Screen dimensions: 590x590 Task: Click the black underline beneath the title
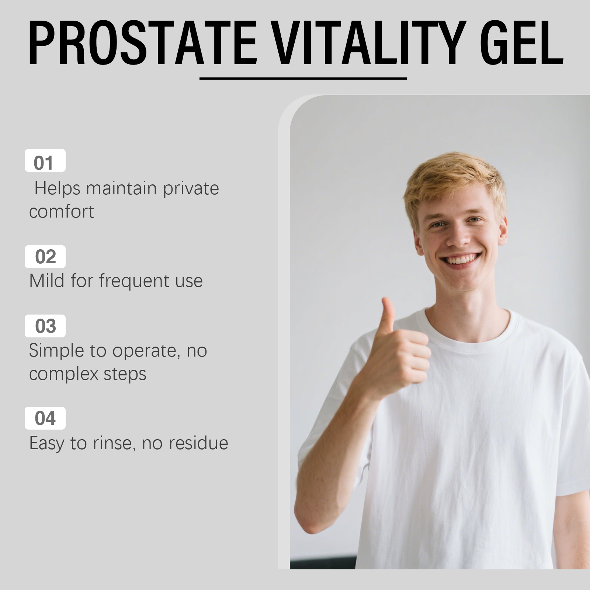[303, 79]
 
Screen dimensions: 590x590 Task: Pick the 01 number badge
[45, 160]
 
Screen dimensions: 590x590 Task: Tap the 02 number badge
[45, 257]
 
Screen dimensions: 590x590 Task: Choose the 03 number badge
[45, 326]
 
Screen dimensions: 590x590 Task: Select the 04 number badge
[45, 418]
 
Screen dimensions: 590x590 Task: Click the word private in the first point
[191, 189]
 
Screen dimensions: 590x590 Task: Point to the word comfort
[62, 212]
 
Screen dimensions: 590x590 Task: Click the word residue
[198, 443]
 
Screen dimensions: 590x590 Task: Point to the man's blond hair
[455, 184]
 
